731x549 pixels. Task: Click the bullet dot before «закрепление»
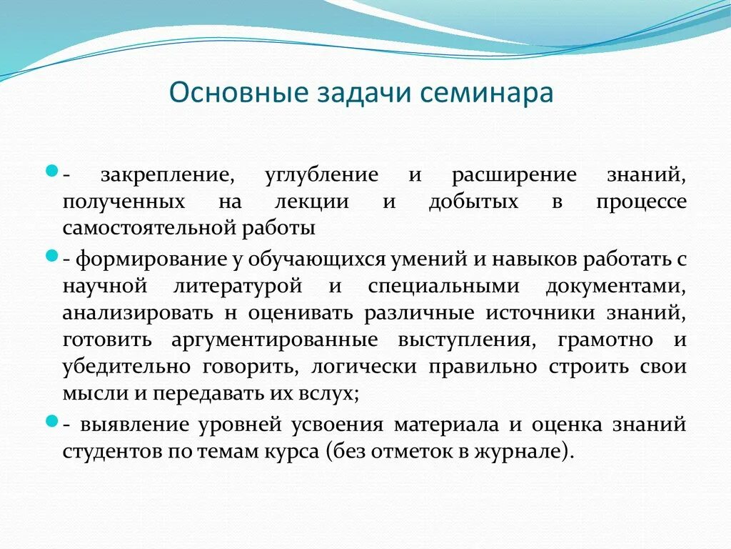[x=51, y=172]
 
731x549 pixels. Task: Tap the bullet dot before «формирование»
[x=51, y=255]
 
